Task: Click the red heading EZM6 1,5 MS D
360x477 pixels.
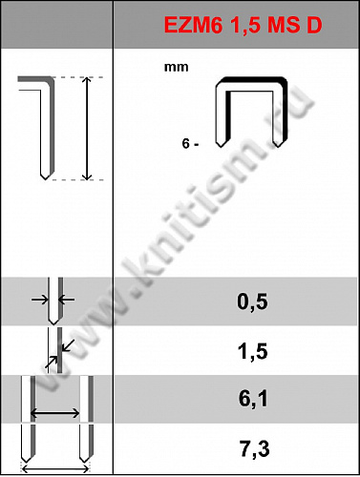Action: click(243, 25)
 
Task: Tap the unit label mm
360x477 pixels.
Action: click(176, 68)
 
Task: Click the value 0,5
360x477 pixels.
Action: click(252, 301)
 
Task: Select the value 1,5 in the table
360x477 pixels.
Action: click(252, 351)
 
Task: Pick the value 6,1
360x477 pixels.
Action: click(253, 399)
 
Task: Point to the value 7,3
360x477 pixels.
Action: click(254, 448)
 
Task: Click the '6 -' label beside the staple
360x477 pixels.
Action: click(190, 144)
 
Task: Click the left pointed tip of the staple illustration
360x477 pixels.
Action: click(221, 147)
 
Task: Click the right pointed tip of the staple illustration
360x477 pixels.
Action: click(278, 147)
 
